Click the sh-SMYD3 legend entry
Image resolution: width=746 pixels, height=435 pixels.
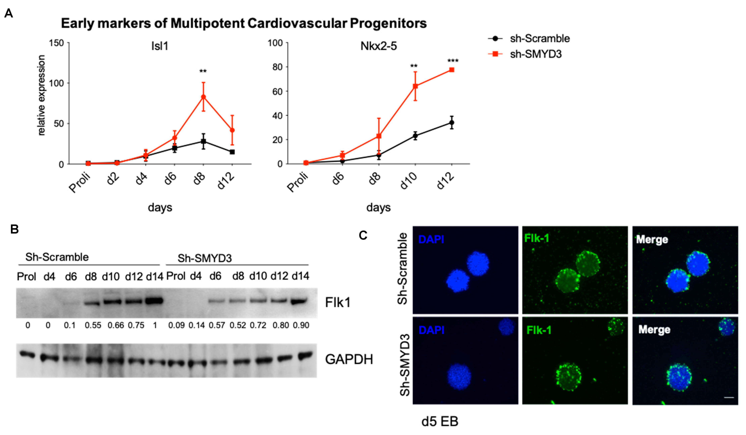[x=535, y=54]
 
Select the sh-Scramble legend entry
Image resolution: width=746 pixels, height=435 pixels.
[x=539, y=38]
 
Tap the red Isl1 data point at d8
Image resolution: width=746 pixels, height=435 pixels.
[x=203, y=97]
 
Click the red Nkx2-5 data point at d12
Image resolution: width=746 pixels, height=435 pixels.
[x=452, y=70]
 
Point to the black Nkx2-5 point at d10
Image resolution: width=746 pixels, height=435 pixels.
[x=415, y=136]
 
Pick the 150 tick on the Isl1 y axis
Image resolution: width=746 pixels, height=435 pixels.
[x=56, y=43]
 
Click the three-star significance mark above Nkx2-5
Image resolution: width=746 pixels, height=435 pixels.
[x=453, y=61]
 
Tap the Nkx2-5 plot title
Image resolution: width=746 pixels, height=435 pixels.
[x=378, y=46]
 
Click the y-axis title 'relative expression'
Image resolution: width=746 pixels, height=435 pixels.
[x=41, y=95]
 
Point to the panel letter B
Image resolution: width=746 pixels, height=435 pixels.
[x=14, y=229]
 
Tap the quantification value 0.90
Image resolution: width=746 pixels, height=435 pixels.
[x=301, y=325]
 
